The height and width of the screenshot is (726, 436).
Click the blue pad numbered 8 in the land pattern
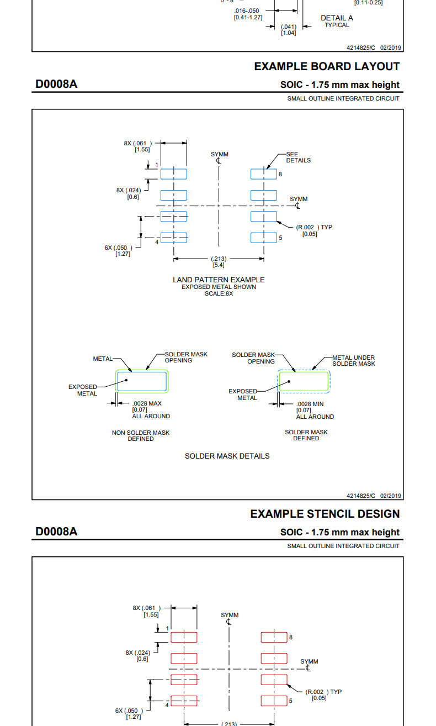point(263,174)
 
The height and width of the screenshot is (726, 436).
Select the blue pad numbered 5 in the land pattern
point(263,238)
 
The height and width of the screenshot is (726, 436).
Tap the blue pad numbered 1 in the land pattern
point(173,174)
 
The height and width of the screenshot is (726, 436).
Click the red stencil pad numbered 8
point(274,637)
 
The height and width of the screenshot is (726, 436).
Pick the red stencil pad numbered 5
point(274,701)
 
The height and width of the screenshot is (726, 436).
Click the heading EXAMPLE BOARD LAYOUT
point(327,66)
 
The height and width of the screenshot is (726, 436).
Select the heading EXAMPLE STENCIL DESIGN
point(325,514)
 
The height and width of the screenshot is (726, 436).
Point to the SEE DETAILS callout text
point(298,157)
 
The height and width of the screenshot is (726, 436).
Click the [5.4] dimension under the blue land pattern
point(219,265)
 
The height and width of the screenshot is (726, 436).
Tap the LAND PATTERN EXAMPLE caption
point(219,280)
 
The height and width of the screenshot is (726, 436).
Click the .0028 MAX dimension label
point(147,403)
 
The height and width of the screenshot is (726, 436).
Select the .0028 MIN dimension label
point(310,404)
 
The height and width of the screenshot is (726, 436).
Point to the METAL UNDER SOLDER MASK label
point(353,360)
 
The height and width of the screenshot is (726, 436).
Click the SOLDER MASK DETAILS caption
point(227,456)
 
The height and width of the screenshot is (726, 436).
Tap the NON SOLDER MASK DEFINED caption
point(141,435)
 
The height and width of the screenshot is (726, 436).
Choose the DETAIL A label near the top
point(337,18)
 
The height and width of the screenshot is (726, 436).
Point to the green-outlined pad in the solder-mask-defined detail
point(304,381)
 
